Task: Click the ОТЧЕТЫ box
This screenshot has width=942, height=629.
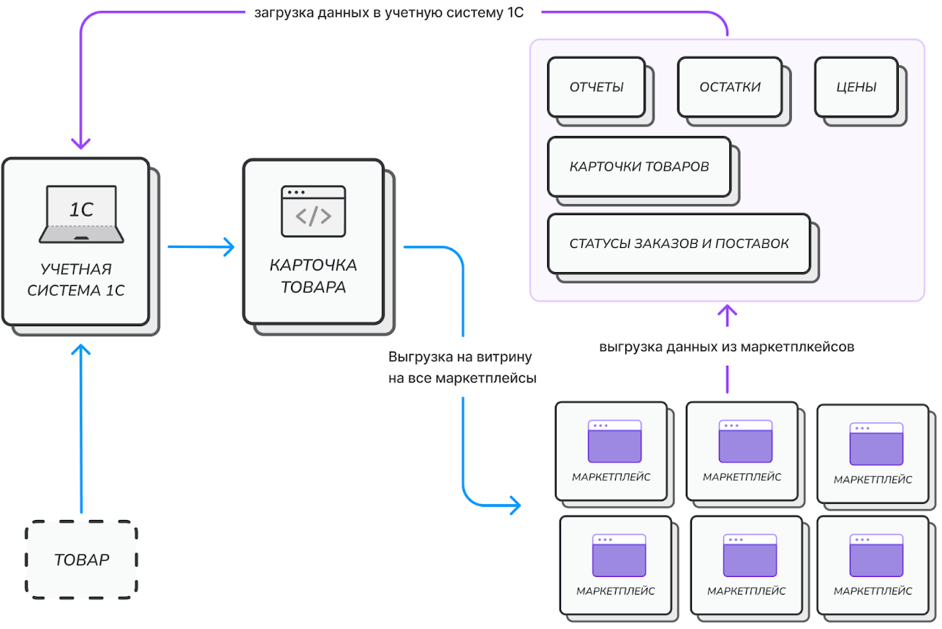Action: [x=596, y=87]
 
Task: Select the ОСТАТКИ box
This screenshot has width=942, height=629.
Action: [x=730, y=87]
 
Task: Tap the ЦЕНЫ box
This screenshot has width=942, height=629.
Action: [x=856, y=87]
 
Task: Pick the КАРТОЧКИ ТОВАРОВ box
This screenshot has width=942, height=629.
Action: [x=639, y=167]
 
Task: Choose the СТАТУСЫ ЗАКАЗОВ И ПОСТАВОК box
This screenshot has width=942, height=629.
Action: [x=679, y=244]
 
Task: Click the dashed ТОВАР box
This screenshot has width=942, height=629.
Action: [x=82, y=560]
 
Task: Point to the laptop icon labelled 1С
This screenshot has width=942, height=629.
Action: [x=82, y=214]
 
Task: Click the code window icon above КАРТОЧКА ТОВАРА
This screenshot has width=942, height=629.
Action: [x=313, y=211]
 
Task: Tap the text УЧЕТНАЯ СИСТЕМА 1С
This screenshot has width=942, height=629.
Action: [x=76, y=279]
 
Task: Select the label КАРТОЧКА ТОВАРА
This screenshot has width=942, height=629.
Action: [x=313, y=276]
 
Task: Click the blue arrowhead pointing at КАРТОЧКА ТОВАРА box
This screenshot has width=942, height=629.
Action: [x=229, y=246]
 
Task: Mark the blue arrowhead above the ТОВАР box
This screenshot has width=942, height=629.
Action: [x=80, y=349]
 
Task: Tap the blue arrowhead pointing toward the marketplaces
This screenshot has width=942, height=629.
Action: [x=516, y=505]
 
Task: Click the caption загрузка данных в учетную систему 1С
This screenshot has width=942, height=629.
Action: [x=389, y=13]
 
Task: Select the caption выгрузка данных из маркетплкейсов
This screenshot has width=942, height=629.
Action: [x=727, y=347]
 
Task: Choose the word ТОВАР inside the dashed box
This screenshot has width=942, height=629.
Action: [x=82, y=560]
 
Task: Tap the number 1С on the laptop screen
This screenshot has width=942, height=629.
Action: [x=82, y=209]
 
